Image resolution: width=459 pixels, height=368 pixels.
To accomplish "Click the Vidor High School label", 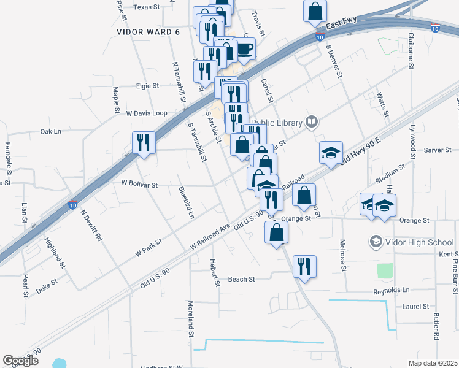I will pyautogui.click(x=420, y=242).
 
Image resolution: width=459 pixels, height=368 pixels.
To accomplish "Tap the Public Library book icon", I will pyautogui.click(x=312, y=122).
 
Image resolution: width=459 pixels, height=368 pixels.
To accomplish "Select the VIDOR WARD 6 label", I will pyautogui.click(x=148, y=31).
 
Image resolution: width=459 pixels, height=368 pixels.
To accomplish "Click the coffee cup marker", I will pyautogui.click(x=244, y=49).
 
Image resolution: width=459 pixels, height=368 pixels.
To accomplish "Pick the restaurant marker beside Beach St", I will pyautogui.click(x=304, y=266).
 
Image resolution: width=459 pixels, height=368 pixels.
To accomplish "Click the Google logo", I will pyautogui.click(x=20, y=361).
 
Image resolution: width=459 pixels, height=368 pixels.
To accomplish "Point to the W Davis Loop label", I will pyautogui.click(x=146, y=113).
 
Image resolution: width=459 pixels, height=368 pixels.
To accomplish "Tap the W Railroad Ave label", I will pyautogui.click(x=210, y=236).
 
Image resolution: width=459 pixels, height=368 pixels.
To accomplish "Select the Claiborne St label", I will pyautogui.click(x=411, y=49).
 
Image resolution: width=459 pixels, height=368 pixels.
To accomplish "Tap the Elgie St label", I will pyautogui.click(x=147, y=86).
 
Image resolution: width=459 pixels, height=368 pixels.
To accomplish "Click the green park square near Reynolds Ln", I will pyautogui.click(x=385, y=270).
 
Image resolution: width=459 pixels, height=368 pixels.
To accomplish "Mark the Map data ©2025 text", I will pyautogui.click(x=433, y=363).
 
